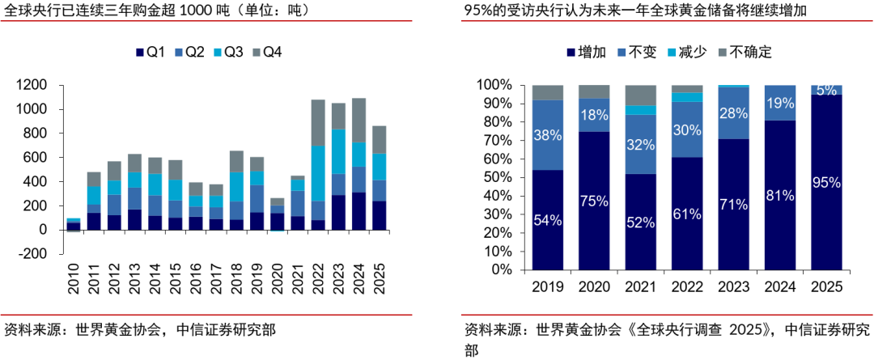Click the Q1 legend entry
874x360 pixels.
pyautogui.click(x=151, y=53)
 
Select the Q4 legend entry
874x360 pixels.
pyautogui.click(x=266, y=53)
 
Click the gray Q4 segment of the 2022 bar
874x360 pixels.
pyautogui.click(x=318, y=122)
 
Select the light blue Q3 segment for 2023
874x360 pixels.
pyautogui.click(x=339, y=151)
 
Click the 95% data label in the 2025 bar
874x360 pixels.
pyautogui.click(x=826, y=183)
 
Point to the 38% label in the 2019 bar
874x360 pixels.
pyautogui.click(x=547, y=136)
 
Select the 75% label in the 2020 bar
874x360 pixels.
pyautogui.click(x=595, y=201)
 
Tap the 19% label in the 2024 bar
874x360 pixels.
pyautogui.click(x=780, y=103)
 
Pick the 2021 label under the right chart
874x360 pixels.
pyautogui.click(x=640, y=286)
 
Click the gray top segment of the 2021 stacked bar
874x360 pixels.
pyautogui.click(x=640, y=95)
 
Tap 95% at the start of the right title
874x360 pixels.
pyautogui.click(x=478, y=12)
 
